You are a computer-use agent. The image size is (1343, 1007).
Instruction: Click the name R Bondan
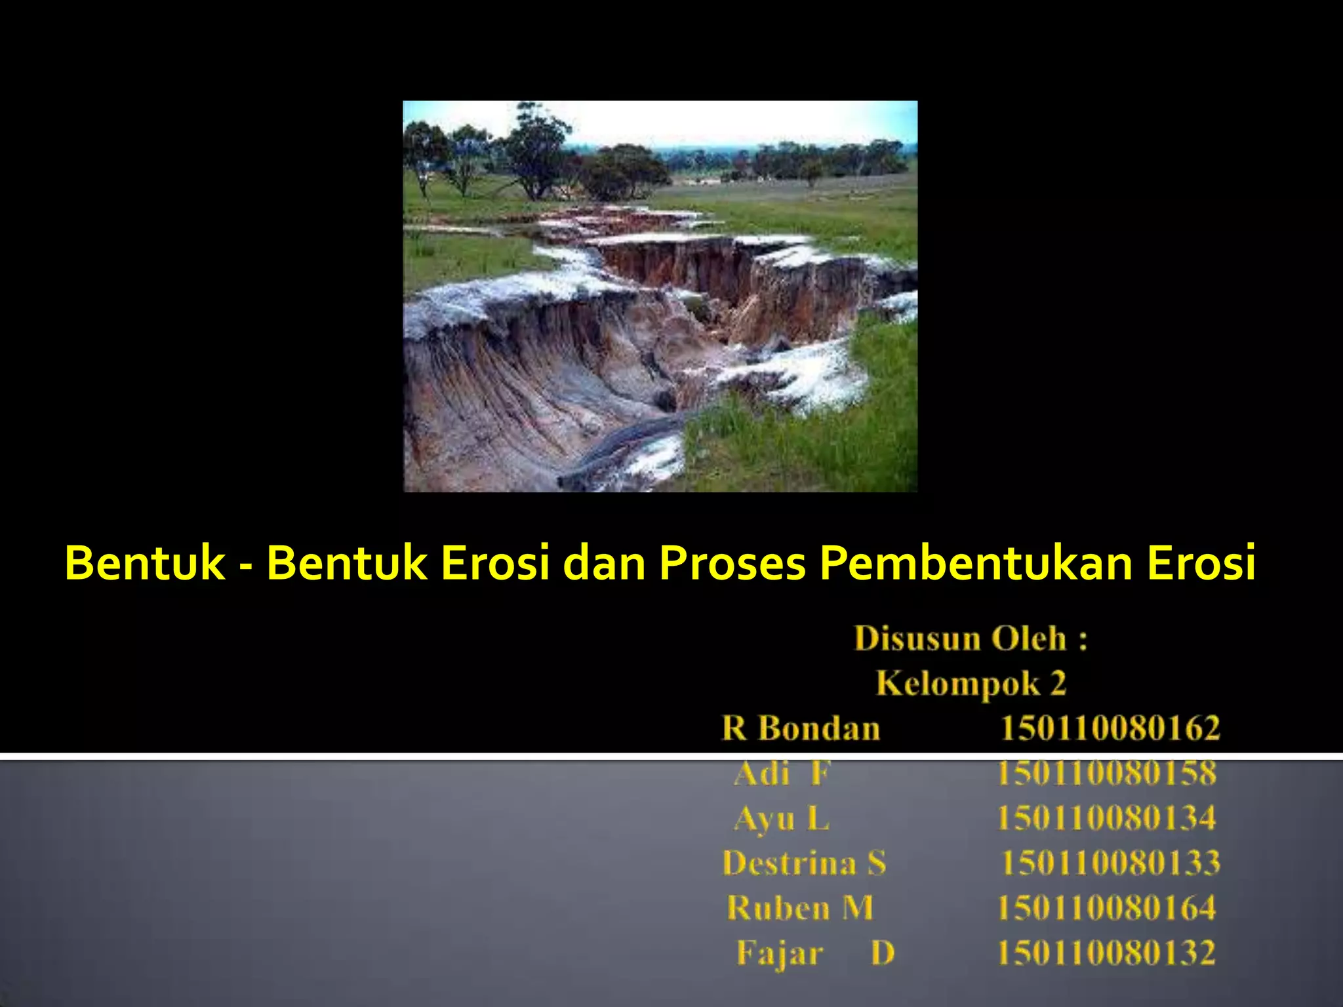800,728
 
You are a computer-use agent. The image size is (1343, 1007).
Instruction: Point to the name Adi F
782,774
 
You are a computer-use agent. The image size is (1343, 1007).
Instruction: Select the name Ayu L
782,818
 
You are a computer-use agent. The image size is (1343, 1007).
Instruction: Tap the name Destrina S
804,863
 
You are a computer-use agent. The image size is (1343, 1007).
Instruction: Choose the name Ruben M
800,908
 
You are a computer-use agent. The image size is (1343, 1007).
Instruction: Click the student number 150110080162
1110,728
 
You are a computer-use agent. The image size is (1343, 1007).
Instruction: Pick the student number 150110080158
1107,774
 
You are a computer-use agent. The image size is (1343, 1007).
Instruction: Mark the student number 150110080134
1107,818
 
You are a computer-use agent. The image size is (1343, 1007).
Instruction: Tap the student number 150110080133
1110,863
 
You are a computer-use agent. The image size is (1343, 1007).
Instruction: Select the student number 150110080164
1107,908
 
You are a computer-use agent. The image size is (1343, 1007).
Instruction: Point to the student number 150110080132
1107,953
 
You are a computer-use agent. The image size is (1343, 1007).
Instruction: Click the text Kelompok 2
971,684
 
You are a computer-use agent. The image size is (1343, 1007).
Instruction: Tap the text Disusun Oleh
961,639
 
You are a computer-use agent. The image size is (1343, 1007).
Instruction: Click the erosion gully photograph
660,296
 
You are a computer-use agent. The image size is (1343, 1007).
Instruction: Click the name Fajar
780,953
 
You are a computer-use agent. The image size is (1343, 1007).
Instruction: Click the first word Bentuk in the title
145,563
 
